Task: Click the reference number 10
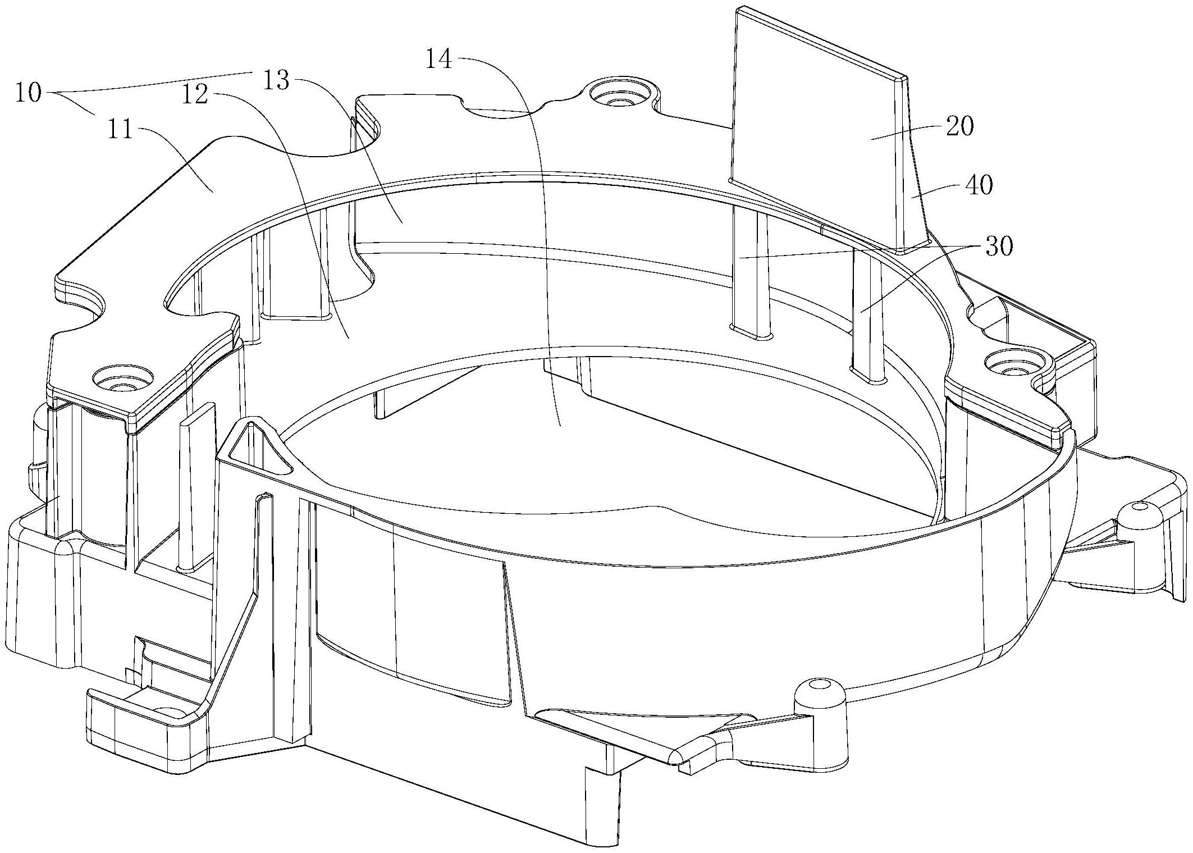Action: click(x=28, y=93)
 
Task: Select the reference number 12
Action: click(x=194, y=95)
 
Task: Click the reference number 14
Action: click(x=438, y=58)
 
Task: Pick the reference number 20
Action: click(x=959, y=126)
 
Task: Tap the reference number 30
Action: click(x=998, y=246)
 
